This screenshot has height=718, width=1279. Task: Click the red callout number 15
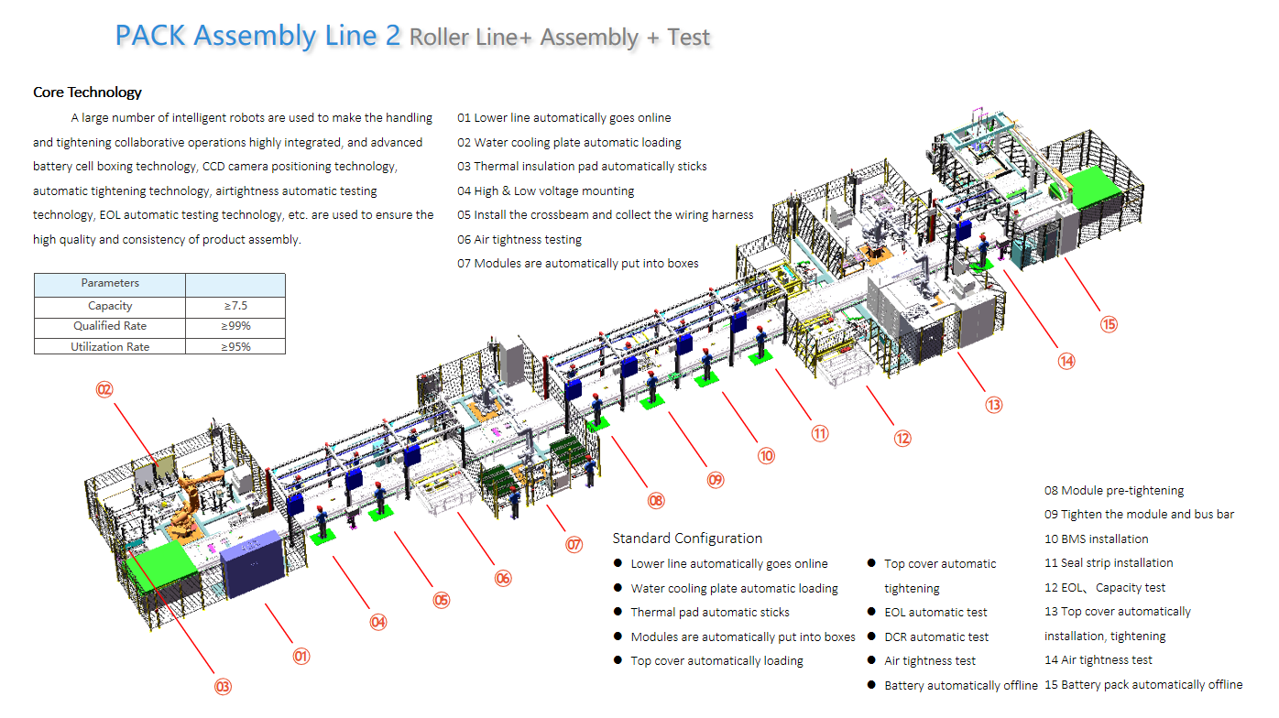(1109, 324)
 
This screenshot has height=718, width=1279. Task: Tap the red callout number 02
(104, 389)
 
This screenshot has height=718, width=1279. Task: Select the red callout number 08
(655, 501)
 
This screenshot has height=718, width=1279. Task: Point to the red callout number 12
(903, 439)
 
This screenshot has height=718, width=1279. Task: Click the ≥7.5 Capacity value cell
(235, 306)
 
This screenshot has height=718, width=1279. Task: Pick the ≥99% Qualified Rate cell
(235, 326)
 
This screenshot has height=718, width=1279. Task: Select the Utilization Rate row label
(110, 347)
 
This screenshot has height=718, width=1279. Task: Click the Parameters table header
(110, 283)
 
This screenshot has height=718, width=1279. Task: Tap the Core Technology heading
(87, 92)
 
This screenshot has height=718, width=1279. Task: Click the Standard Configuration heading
(687, 538)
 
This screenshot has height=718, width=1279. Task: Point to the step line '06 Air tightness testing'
(519, 240)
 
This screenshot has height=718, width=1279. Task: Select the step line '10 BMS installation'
(1096, 539)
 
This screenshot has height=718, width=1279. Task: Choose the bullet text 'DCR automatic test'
(936, 637)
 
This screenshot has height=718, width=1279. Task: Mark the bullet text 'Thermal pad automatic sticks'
(710, 613)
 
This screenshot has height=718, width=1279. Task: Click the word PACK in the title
(151, 37)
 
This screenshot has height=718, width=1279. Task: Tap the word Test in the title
(689, 38)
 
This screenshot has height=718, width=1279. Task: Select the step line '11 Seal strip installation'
(1109, 563)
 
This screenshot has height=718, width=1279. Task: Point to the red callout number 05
(442, 601)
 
